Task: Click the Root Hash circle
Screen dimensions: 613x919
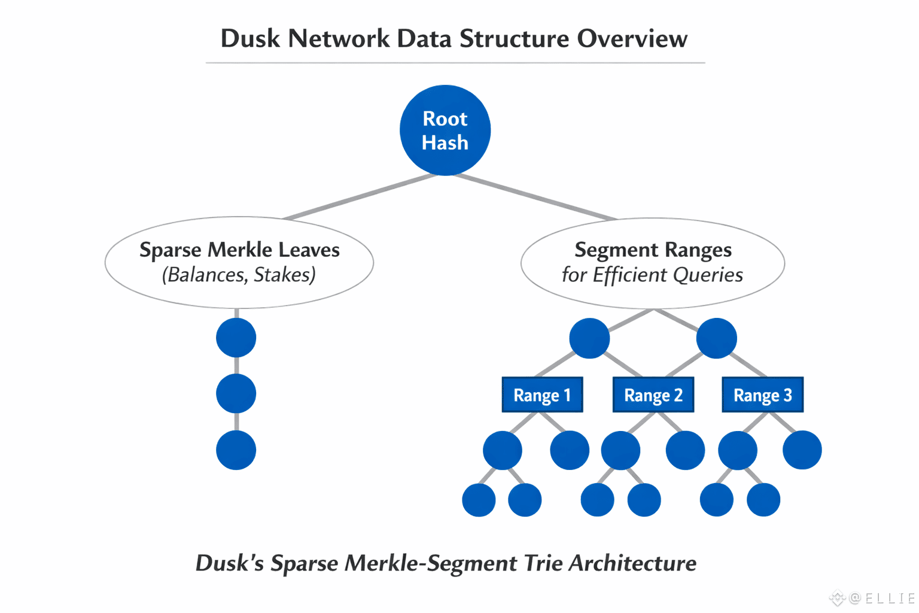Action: pos(445,131)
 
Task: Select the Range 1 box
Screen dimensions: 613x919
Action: pos(542,395)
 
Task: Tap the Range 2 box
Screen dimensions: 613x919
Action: pos(653,395)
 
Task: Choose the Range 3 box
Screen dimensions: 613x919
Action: pos(763,395)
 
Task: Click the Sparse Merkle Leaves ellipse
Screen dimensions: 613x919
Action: pos(239,262)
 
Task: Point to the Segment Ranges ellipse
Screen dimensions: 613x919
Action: pos(653,263)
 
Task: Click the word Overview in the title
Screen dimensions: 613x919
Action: pos(632,39)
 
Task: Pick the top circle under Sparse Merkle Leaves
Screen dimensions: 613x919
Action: pos(236,338)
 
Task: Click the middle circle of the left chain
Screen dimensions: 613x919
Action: pos(236,394)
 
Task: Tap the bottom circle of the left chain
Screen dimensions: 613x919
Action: pos(236,450)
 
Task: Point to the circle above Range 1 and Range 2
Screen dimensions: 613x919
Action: pos(589,338)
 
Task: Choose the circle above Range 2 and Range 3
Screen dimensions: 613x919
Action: pos(716,338)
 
